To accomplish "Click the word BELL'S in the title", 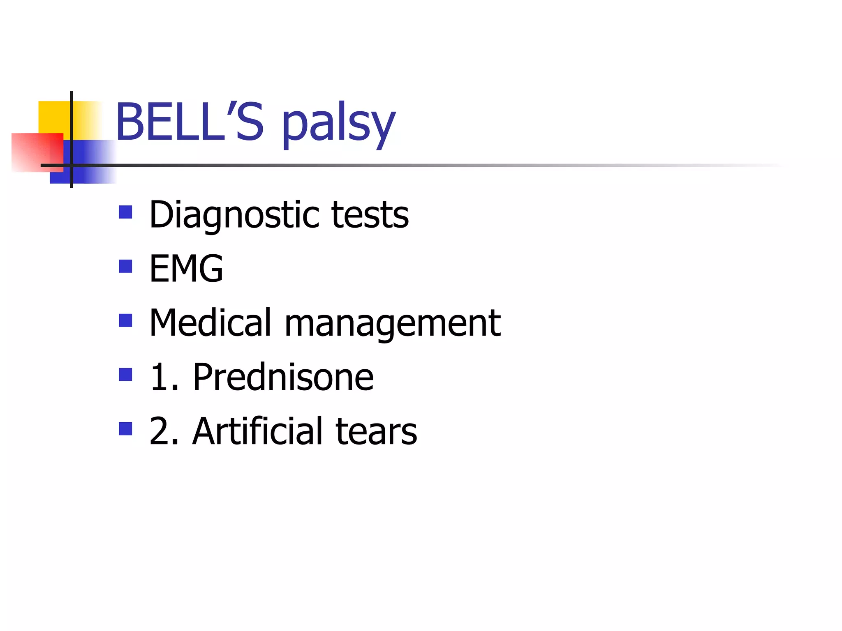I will [190, 122].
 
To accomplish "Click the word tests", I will [370, 214].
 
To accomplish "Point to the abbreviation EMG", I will [186, 269].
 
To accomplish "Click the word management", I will [393, 325].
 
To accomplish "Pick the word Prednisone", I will [283, 377].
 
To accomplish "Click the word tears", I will [376, 431].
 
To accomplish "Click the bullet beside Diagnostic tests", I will [125, 212].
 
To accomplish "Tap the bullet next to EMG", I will [125, 266].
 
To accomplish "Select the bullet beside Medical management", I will [125, 320].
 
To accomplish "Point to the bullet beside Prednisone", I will [125, 375].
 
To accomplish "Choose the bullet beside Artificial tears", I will [125, 429].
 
